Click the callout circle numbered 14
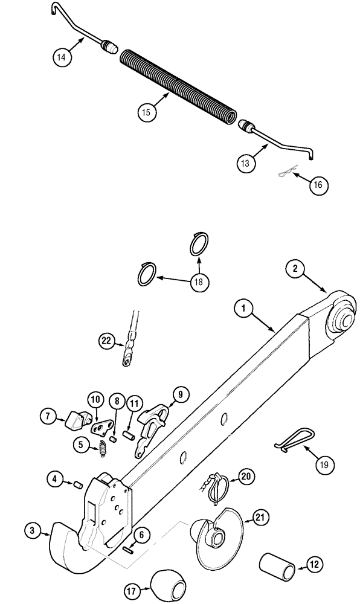click(61, 57)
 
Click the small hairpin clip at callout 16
click(284, 174)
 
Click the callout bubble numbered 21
click(260, 518)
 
